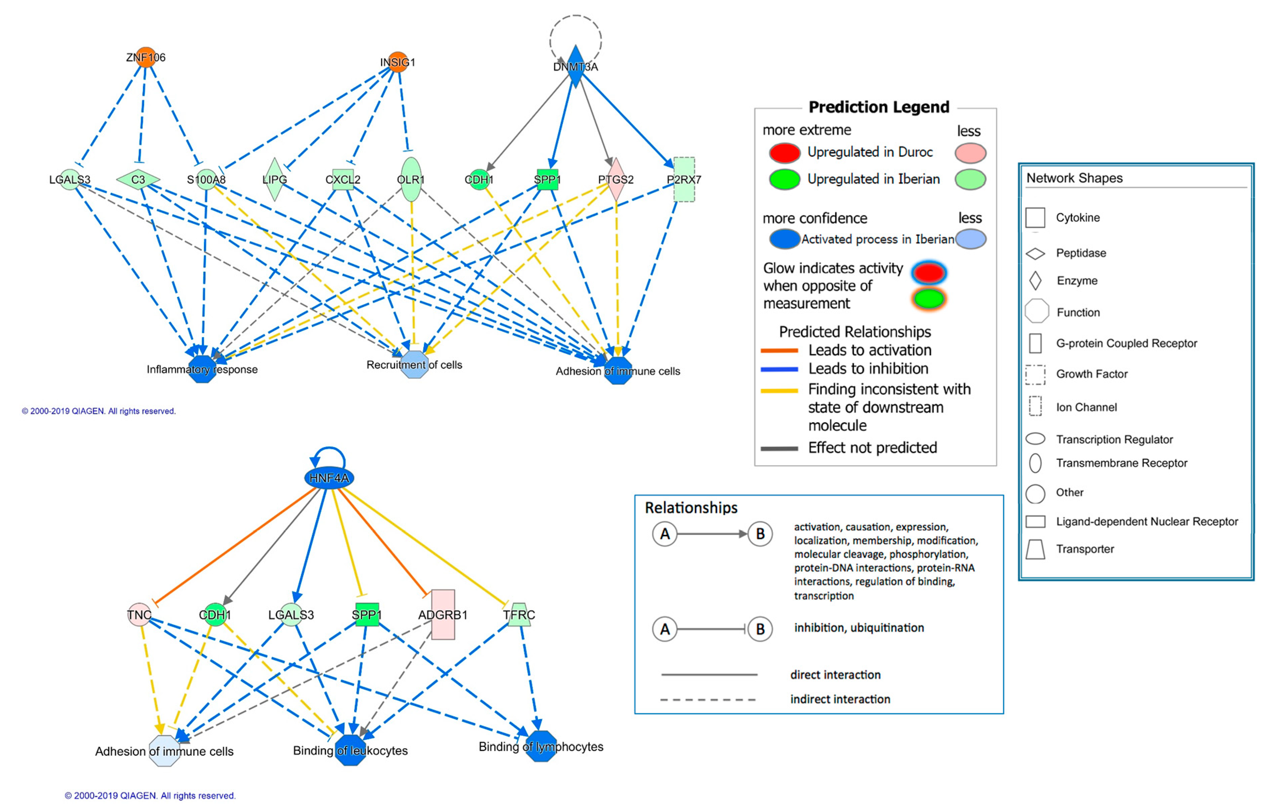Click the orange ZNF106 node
pos(145,57)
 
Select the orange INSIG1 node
pos(397,62)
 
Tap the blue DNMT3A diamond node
pos(575,66)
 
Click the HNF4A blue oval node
pos(329,478)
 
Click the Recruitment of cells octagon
pos(415,365)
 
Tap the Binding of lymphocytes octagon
pos(541,746)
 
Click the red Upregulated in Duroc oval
pos(784,153)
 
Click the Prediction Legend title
pos(878,107)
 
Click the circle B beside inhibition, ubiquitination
pos(760,629)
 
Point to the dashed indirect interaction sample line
pos(708,700)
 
